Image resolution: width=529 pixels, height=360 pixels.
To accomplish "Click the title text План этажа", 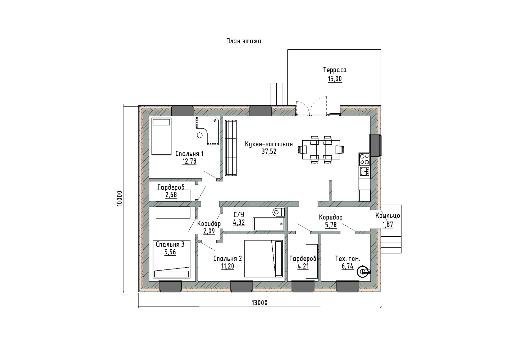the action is (x=244, y=41).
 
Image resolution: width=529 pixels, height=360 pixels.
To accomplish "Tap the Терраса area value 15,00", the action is (x=335, y=79).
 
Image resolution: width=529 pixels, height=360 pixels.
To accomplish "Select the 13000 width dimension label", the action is (x=259, y=303).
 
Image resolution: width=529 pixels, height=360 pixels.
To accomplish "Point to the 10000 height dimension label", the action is (x=120, y=199).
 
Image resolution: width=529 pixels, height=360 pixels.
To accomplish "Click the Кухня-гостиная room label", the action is (x=269, y=144).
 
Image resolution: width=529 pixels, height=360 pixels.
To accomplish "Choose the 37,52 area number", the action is (x=269, y=152).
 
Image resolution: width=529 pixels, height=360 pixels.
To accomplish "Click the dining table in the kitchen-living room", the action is (x=321, y=150).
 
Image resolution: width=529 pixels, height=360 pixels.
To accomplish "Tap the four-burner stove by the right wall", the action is (x=364, y=159).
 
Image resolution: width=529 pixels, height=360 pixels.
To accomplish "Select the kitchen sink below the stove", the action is (x=364, y=171).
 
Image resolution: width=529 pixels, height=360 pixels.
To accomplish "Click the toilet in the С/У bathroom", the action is (x=279, y=212).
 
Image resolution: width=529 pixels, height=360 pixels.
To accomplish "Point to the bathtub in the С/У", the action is (x=269, y=224).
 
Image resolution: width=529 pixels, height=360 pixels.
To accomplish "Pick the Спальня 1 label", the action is (x=189, y=154).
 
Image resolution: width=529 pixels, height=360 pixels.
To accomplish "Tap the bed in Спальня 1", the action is (x=161, y=137).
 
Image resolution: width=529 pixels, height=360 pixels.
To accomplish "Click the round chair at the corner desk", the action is (x=200, y=135).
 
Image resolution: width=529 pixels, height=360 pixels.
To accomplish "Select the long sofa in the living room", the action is (x=231, y=148).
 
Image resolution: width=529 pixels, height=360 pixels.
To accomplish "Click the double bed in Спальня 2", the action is (x=263, y=258).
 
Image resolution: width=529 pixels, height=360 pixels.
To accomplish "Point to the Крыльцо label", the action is (x=388, y=216).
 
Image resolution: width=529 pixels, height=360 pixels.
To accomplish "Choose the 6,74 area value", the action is (x=348, y=266).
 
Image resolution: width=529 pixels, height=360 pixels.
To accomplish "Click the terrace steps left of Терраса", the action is (x=279, y=94).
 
